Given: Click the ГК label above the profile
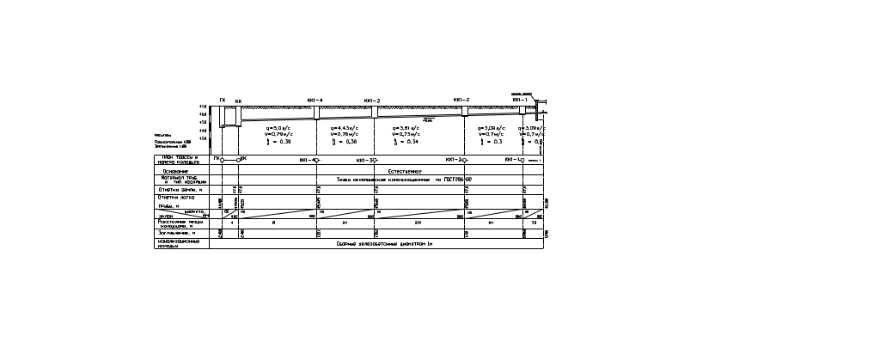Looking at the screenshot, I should click(x=223, y=101).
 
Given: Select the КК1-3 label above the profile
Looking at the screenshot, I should click(x=372, y=101).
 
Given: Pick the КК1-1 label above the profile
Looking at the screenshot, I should click(x=519, y=101).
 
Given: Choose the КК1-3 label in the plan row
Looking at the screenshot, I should click(x=368, y=160).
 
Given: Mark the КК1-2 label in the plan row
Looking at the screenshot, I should click(x=456, y=160).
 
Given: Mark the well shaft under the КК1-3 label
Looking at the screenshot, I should click(x=374, y=112).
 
